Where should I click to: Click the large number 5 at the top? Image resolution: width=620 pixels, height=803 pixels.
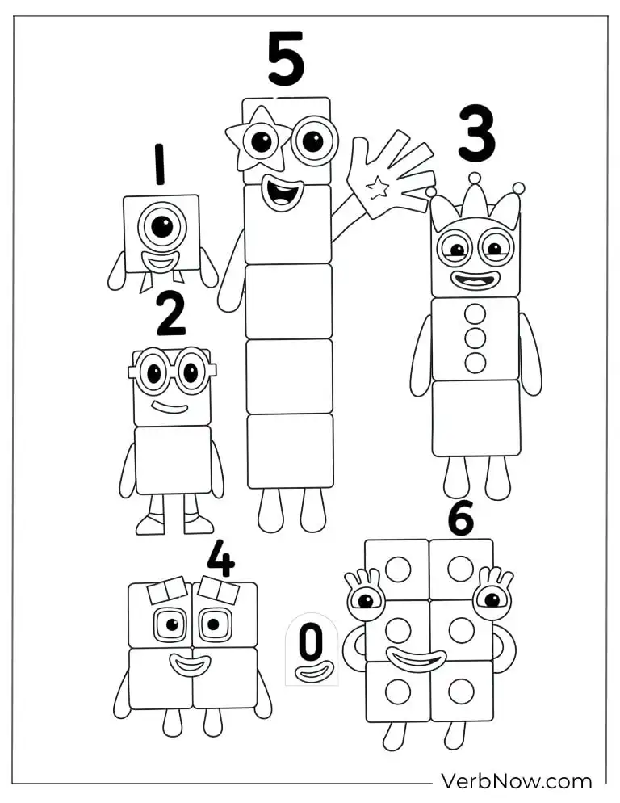(x=286, y=59)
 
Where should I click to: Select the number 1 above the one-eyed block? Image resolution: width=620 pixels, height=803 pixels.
(x=160, y=164)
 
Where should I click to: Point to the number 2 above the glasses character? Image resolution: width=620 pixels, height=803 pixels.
(x=170, y=315)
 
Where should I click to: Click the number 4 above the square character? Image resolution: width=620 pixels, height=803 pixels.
(x=220, y=558)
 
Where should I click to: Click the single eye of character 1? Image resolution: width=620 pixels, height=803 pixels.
(x=162, y=227)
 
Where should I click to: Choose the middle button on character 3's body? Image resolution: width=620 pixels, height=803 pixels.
(x=475, y=338)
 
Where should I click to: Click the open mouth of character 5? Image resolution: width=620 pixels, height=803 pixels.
(x=283, y=194)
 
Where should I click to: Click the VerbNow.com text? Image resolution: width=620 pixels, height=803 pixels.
(x=516, y=781)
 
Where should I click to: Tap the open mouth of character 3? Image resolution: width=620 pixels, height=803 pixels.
(x=475, y=280)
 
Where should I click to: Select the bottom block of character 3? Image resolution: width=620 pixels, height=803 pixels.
(x=475, y=418)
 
